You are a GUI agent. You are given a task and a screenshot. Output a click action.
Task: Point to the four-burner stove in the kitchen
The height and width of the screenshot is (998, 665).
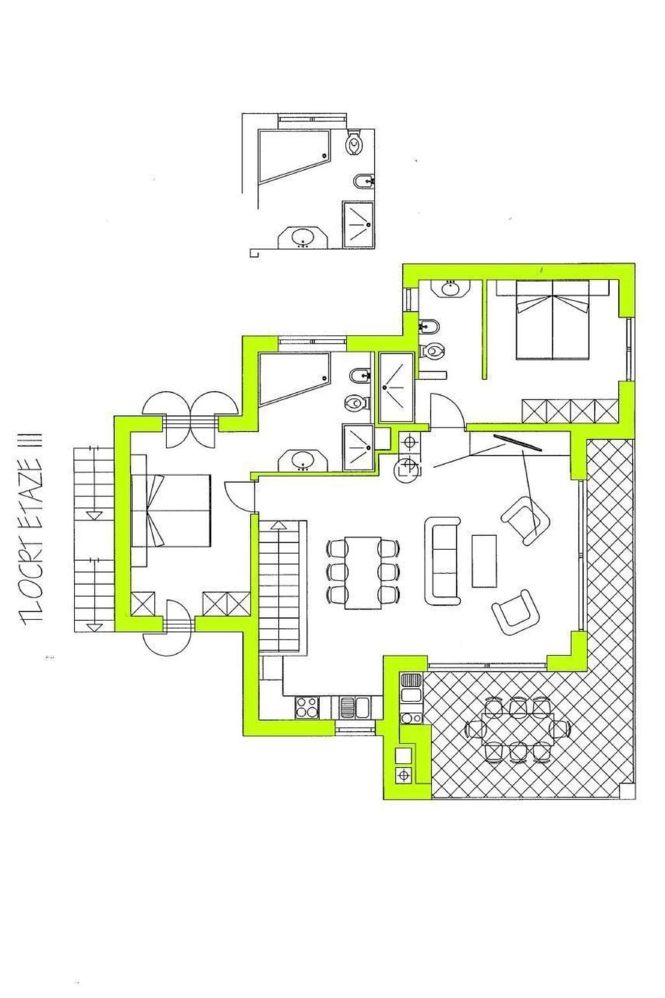(x=307, y=707)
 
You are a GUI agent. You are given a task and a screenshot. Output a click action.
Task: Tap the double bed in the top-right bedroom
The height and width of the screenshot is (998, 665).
(x=552, y=319)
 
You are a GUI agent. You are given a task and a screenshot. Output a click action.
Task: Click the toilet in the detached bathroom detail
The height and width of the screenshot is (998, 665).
(x=355, y=142)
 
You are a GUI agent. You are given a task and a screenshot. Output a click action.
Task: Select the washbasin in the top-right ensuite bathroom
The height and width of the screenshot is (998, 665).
(x=451, y=288)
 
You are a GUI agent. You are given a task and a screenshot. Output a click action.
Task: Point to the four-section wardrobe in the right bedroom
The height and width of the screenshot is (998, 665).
(x=570, y=411)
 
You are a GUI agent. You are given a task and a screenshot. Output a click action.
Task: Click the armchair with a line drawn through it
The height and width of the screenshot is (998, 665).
(x=526, y=520)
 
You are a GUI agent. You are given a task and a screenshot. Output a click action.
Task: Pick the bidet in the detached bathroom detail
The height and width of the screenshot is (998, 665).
(x=361, y=181)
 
